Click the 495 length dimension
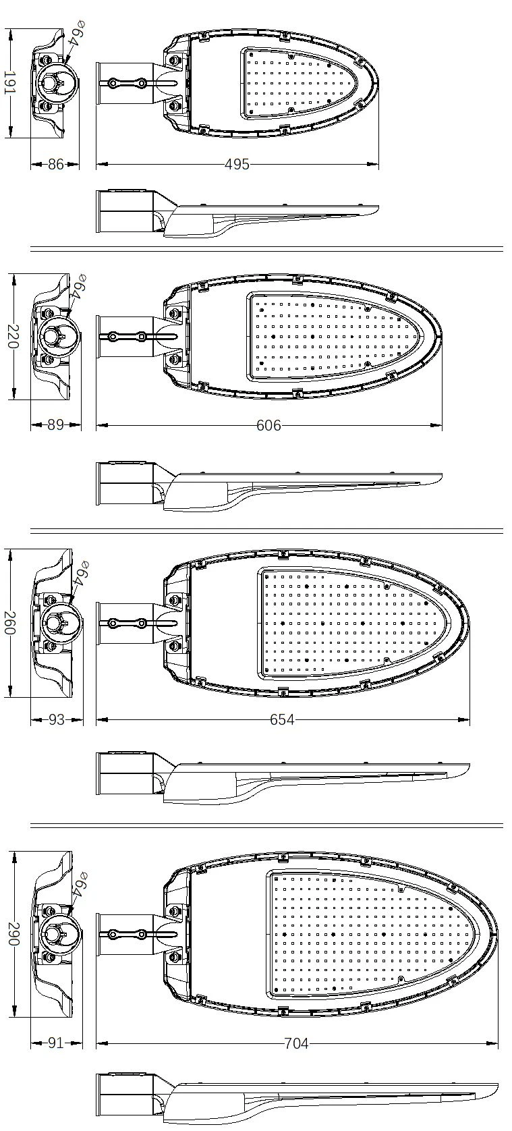[237, 164]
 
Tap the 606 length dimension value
[268, 425]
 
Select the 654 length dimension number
[282, 719]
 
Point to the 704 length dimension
[296, 1043]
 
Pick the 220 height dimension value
[13, 336]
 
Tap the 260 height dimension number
[11, 623]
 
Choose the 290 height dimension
[13, 934]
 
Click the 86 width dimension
[56, 164]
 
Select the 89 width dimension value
[56, 425]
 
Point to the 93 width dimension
[57, 719]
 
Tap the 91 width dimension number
[55, 1043]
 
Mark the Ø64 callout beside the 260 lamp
[81, 574]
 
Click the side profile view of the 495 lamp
[237, 213]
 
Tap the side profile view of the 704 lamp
[297, 1092]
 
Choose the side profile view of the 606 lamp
[268, 485]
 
